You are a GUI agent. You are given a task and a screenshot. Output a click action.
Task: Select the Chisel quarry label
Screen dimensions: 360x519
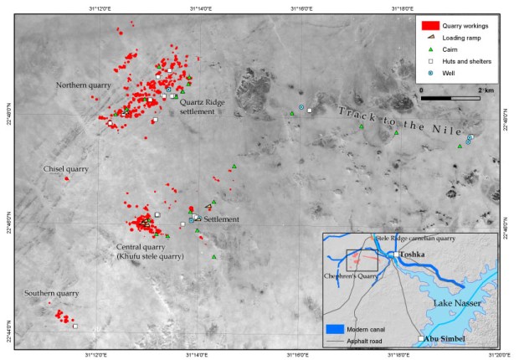click(x=66, y=169)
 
